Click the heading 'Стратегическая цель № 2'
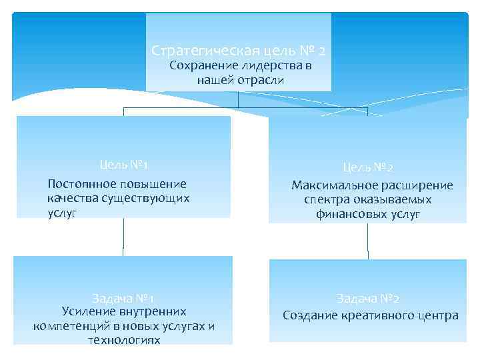pos(238,51)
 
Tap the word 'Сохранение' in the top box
pos(198,65)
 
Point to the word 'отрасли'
pos(263,80)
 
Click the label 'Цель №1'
pos(123,165)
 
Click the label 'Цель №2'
pos(368,168)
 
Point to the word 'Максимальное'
pos(331,185)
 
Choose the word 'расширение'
pos(415,185)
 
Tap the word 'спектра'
pos(327,199)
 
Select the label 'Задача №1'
pos(123,298)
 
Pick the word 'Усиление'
pos(86,311)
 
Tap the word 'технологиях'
pos(124,340)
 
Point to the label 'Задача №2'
pos(368,299)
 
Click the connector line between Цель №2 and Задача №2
pos(368,241)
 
